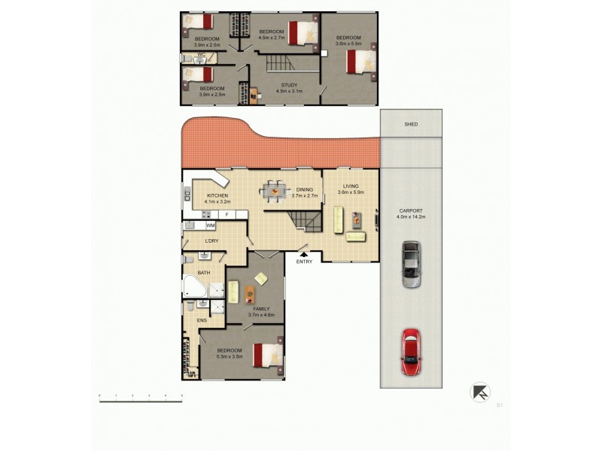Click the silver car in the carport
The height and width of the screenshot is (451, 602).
(x=410, y=264)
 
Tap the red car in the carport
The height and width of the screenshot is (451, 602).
(x=410, y=352)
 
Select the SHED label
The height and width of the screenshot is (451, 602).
(x=410, y=125)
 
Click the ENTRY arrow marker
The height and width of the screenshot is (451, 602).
(x=304, y=256)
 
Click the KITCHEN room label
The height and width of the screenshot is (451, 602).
(x=217, y=195)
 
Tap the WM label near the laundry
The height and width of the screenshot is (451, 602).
(x=211, y=225)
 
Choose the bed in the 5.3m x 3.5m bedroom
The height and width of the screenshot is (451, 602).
(x=268, y=355)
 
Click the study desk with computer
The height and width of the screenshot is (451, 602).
(x=254, y=95)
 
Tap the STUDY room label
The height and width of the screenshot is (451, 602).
(x=290, y=85)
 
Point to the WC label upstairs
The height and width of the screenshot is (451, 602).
(x=201, y=55)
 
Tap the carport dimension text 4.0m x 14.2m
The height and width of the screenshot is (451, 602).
(x=410, y=217)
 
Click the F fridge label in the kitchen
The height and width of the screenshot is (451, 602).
(x=227, y=215)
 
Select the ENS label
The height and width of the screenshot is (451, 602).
(x=202, y=320)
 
